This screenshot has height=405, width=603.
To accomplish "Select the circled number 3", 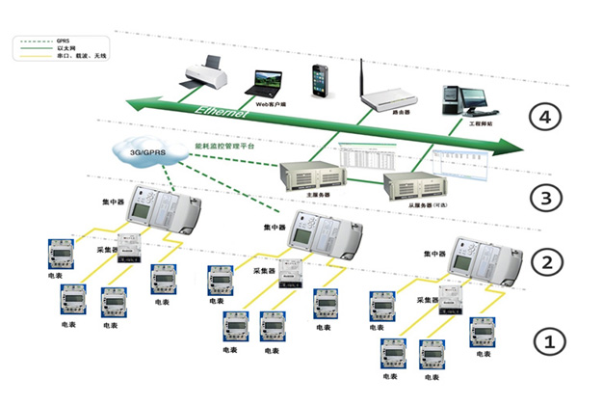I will pos(546,200).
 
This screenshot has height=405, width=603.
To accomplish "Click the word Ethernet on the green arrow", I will pos(223,113).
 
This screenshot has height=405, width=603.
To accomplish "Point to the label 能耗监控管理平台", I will pos(230,145).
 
